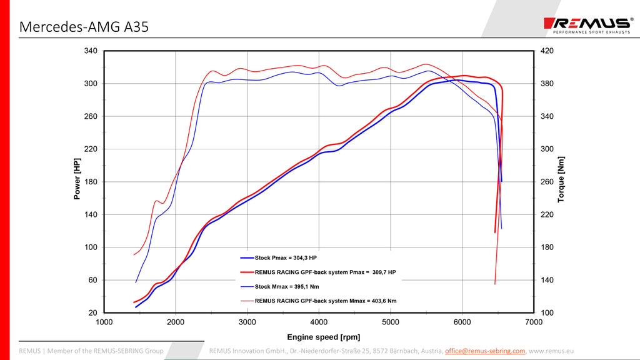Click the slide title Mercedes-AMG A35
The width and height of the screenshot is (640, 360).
[84, 27]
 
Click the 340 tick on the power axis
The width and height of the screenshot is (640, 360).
[91, 51]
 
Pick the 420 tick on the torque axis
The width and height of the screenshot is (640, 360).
[547, 51]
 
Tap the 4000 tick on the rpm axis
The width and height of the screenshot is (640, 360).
[319, 322]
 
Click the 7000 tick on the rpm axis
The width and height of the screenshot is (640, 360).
[534, 322]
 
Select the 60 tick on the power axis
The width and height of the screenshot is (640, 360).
[92, 280]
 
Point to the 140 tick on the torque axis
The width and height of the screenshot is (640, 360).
[547, 280]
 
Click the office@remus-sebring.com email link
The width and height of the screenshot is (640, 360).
[485, 351]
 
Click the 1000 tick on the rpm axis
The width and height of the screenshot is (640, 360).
[104, 322]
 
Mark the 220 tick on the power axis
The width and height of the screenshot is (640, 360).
[91, 149]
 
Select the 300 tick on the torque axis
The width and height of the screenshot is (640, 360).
[547, 149]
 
